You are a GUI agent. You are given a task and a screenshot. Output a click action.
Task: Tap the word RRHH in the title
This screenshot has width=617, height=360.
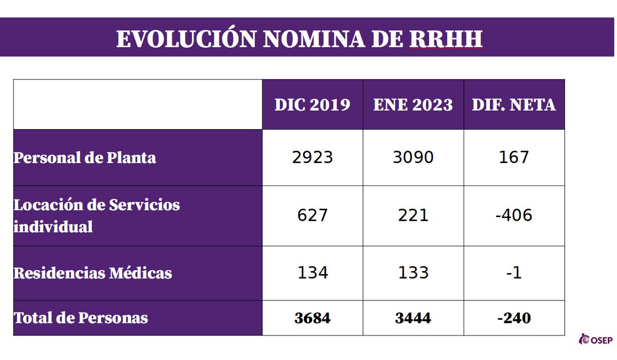[x=446, y=40]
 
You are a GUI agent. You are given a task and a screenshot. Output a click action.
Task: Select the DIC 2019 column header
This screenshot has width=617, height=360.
[x=312, y=105]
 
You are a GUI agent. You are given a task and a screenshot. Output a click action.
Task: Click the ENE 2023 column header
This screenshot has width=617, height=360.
[x=413, y=105]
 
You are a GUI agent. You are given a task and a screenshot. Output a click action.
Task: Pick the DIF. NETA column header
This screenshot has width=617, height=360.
[x=514, y=105]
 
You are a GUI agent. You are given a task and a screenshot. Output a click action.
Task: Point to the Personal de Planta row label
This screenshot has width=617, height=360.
[x=85, y=157]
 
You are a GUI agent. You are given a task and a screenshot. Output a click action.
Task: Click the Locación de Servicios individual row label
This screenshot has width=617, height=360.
[x=97, y=215]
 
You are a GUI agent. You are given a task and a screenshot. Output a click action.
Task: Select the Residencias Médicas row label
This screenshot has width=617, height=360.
[x=93, y=273]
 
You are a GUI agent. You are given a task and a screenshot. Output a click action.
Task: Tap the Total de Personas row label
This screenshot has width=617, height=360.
[x=81, y=318]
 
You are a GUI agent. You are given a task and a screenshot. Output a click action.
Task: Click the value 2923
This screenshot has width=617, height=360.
[x=312, y=157]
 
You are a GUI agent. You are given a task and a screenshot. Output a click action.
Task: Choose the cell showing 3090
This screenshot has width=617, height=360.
[x=413, y=157]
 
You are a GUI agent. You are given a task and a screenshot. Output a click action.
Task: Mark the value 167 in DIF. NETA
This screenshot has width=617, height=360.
[x=514, y=157]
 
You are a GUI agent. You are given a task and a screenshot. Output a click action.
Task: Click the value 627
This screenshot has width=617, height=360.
[x=312, y=215]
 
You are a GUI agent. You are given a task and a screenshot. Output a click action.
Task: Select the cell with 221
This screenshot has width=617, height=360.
[x=413, y=215]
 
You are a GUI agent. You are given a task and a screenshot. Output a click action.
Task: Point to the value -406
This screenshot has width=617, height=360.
[x=514, y=215]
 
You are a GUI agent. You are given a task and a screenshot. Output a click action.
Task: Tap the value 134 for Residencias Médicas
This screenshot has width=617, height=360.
[x=312, y=273]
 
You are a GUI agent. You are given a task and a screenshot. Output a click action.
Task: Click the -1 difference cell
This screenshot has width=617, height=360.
[x=514, y=273]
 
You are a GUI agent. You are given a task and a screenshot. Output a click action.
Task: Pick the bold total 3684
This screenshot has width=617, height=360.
[x=312, y=318]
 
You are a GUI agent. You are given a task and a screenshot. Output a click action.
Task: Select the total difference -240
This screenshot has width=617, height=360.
[x=514, y=318]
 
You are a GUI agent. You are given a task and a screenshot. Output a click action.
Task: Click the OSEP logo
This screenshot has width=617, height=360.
[x=596, y=340]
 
